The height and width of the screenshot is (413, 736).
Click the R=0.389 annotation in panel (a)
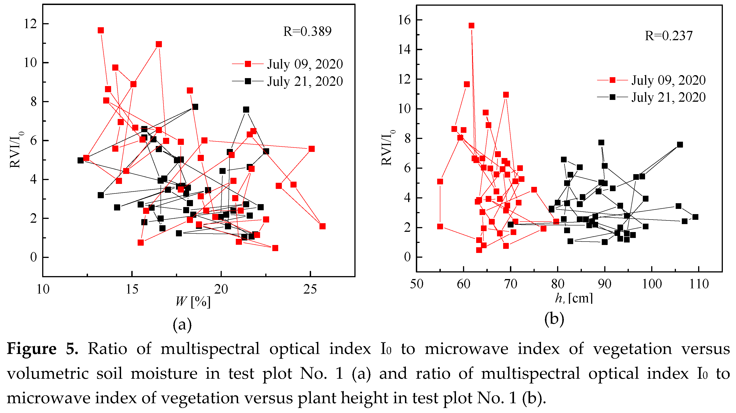[x=307, y=32]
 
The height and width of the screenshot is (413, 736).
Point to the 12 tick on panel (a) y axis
[x=30, y=24]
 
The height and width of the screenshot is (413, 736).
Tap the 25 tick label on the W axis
[x=310, y=289]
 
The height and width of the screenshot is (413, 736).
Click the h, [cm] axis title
[x=574, y=298]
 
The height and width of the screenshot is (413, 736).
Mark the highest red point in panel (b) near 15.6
[x=471, y=26]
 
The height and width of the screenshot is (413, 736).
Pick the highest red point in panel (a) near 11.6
[x=101, y=30]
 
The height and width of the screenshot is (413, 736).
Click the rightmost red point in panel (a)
[x=322, y=226]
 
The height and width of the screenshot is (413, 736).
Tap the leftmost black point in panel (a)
[x=80, y=161]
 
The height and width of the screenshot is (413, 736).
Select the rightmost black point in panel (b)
[x=695, y=217]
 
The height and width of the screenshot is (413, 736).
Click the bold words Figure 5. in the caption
[x=42, y=349]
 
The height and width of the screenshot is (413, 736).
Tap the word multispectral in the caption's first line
[x=210, y=349]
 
